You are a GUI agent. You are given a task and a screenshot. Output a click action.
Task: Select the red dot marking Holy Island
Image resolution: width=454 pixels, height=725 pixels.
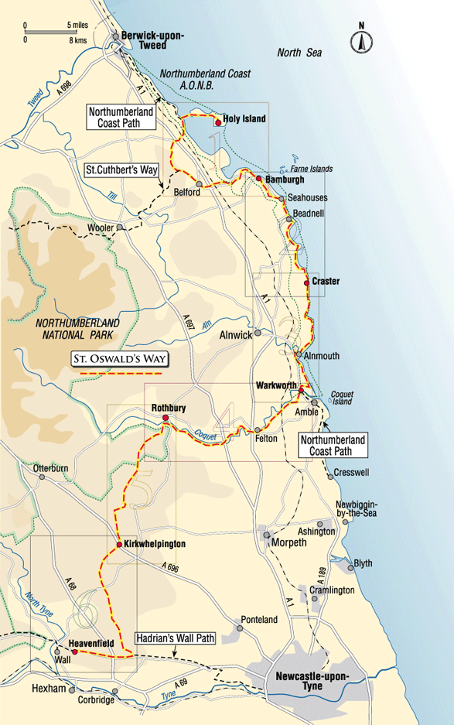(219, 122)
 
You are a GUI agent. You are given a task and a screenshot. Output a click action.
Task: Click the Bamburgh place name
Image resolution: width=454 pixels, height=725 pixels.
(285, 179)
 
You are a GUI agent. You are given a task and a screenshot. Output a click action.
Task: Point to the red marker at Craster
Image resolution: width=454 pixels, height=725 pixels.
(307, 283)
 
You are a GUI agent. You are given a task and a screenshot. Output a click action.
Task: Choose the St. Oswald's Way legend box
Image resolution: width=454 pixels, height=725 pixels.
(119, 359)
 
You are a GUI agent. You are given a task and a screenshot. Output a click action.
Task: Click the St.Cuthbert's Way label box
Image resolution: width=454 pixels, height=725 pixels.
(120, 168)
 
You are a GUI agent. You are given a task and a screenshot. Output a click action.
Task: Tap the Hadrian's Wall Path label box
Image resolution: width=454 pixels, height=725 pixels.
(176, 639)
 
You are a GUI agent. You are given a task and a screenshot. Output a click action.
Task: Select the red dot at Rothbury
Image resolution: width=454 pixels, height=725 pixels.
(165, 420)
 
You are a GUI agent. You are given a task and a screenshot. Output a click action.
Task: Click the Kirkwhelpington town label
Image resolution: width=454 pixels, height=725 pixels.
(155, 545)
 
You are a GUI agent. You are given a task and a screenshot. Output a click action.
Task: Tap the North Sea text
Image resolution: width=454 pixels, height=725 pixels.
(299, 53)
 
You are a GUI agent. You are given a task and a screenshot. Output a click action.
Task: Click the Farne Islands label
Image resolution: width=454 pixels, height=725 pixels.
(314, 169)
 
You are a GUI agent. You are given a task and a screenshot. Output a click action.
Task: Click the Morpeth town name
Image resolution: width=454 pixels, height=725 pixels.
(288, 543)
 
